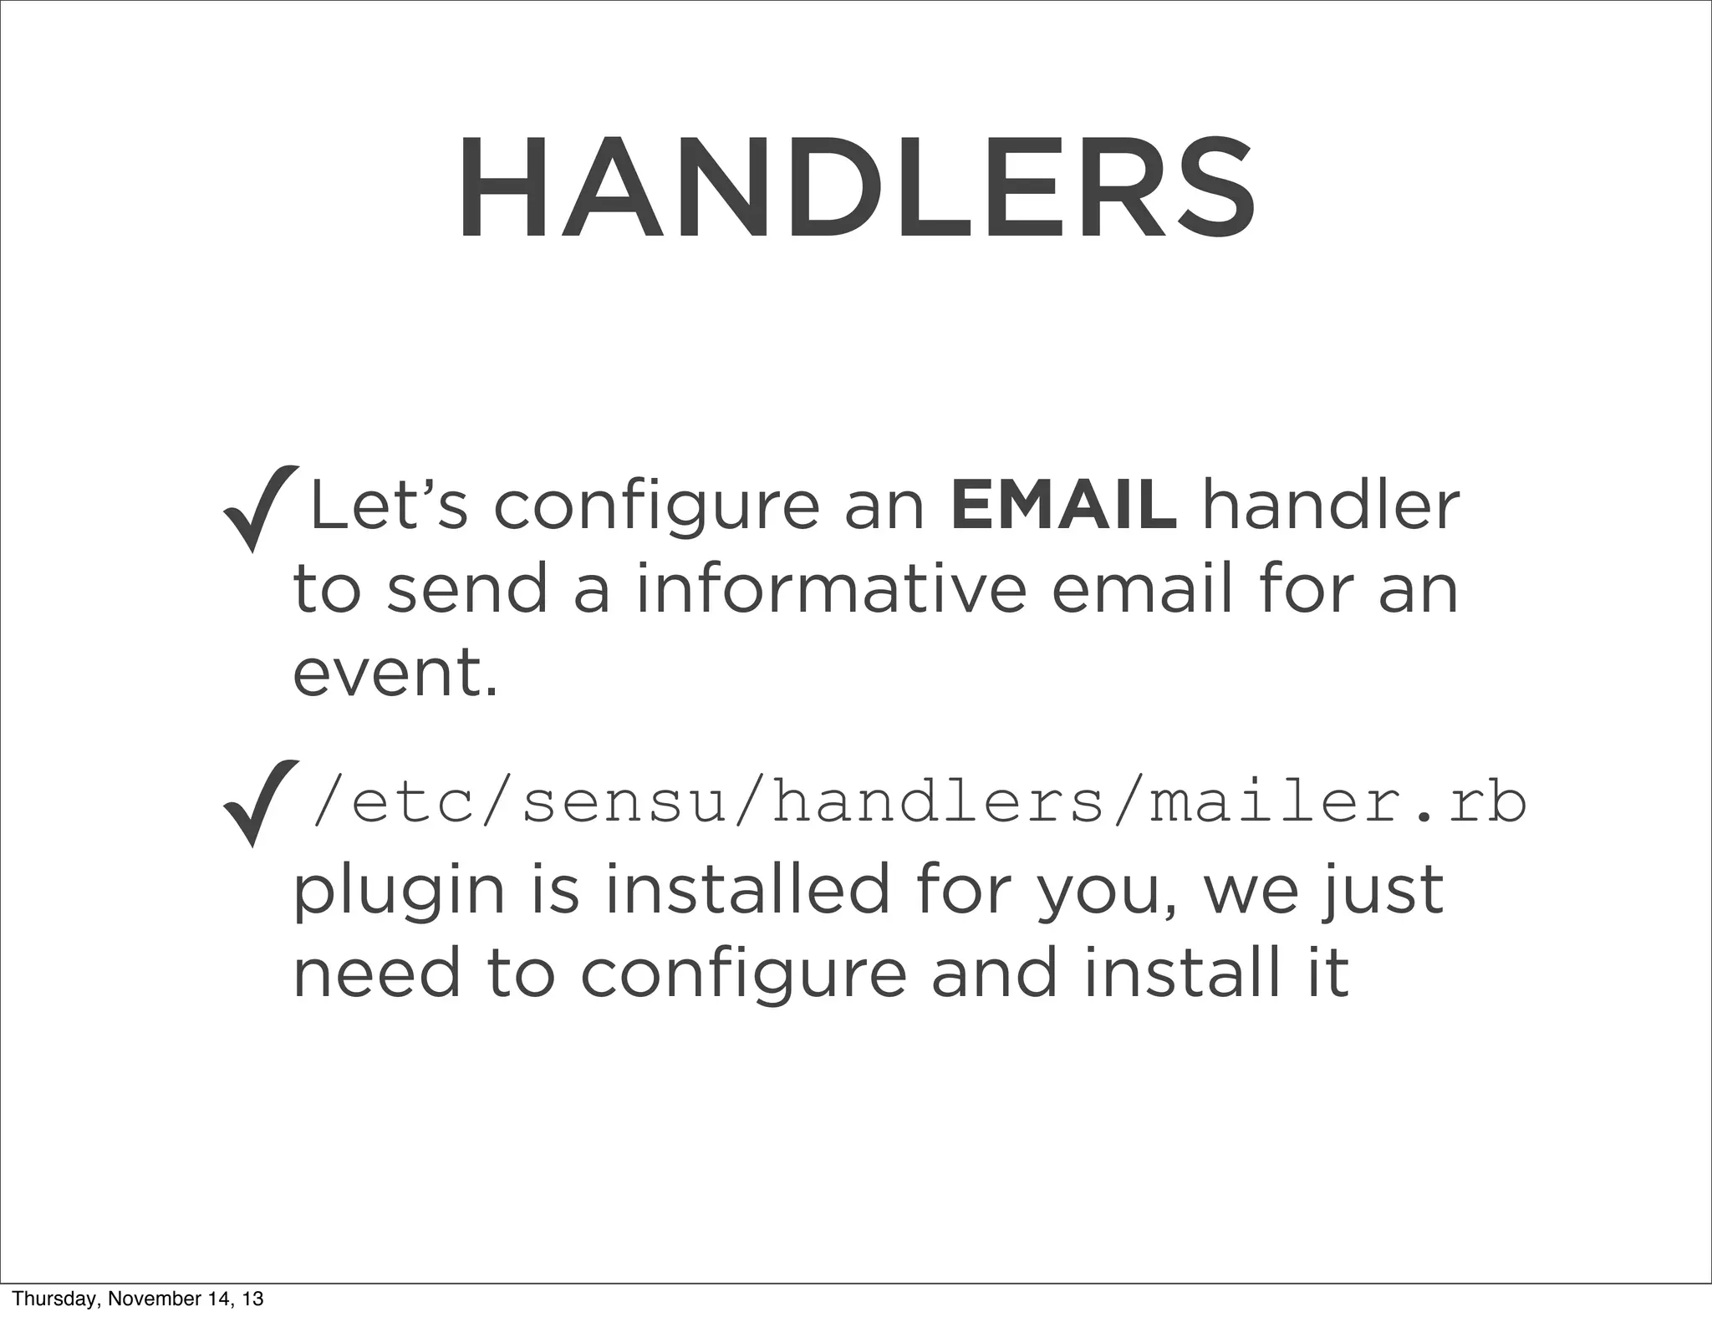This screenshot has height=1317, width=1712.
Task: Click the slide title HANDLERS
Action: click(x=855, y=190)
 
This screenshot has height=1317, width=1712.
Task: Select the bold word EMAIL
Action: click(x=1063, y=506)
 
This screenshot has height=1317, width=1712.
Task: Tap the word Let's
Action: click(x=389, y=506)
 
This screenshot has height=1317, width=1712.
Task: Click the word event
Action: click(x=395, y=673)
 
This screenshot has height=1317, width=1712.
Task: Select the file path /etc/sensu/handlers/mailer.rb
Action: click(x=918, y=803)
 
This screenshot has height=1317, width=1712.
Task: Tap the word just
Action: click(x=1383, y=890)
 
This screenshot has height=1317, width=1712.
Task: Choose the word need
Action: click(x=377, y=973)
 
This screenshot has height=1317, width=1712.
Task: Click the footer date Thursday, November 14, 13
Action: click(x=138, y=1298)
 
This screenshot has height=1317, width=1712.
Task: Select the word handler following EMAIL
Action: click(x=1330, y=506)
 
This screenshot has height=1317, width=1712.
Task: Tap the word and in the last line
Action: click(x=995, y=973)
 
